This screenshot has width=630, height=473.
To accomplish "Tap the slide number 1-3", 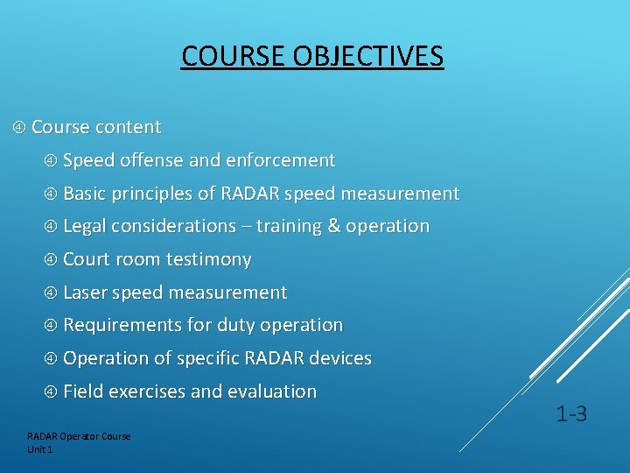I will (571, 414).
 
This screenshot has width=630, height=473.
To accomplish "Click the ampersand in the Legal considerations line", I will (333, 226).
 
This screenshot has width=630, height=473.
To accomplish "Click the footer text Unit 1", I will (40, 449).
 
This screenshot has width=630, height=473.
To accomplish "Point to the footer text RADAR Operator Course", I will (79, 436).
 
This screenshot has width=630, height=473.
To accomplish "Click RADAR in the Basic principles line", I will (249, 194).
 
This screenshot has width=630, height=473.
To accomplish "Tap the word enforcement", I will (280, 160).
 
